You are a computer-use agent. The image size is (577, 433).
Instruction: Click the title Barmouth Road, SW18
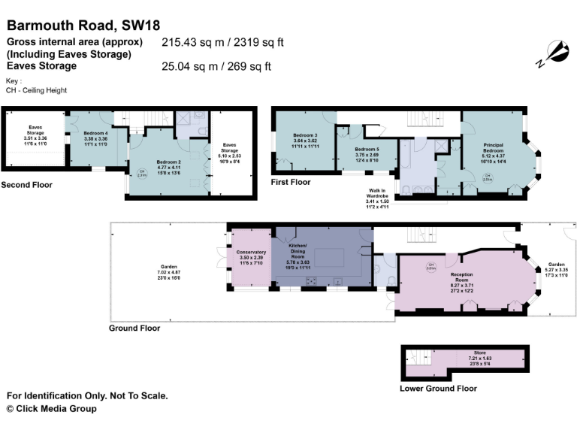tap(83, 27)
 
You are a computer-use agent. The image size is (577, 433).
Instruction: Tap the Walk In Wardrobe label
tap(379, 197)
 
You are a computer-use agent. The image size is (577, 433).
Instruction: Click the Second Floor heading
tap(26, 185)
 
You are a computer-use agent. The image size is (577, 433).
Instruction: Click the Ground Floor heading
tap(134, 329)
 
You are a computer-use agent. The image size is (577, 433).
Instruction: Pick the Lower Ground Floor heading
tap(438, 389)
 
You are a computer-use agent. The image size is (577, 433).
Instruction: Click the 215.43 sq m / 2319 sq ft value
tap(222, 43)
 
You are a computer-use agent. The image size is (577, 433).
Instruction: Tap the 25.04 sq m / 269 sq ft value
tap(216, 66)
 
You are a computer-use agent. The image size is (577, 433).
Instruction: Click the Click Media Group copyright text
tap(51, 409)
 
